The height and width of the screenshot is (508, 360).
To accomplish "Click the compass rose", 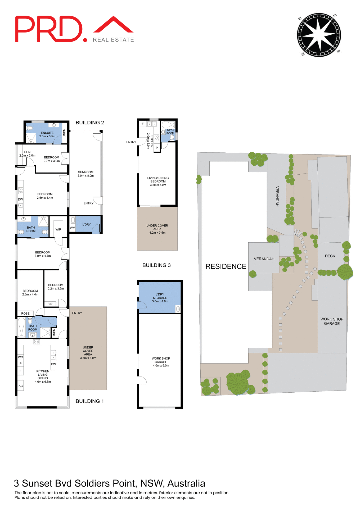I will [x=319, y=35].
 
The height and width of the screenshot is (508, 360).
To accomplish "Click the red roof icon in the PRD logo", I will [x=113, y=25].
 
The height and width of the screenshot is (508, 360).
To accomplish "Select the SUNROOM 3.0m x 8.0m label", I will [x=85, y=174].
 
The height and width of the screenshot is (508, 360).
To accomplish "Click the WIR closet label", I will [x=58, y=229].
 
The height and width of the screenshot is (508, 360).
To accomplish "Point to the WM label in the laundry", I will [x=72, y=228].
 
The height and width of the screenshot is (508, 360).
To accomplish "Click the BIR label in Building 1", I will [x=50, y=304].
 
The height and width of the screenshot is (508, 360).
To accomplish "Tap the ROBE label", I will [x=25, y=314].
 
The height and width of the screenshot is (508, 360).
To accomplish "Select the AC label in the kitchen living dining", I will [x=21, y=386].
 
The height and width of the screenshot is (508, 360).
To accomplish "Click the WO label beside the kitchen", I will [x=20, y=357].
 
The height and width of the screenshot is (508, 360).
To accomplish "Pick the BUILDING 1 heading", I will [x=89, y=401].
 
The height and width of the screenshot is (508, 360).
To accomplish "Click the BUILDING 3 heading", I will [x=156, y=265].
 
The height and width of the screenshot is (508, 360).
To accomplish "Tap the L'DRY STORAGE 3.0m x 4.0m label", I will [x=160, y=298].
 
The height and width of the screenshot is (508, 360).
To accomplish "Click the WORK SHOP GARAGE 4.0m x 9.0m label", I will [x=161, y=362].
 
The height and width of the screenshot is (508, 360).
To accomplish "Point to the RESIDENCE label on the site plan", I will [x=226, y=266].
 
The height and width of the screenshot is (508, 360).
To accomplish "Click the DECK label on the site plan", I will [x=330, y=256].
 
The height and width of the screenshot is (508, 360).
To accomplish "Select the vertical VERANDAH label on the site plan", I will [x=277, y=196].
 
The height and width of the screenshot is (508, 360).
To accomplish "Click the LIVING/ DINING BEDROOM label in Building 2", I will [x=158, y=181].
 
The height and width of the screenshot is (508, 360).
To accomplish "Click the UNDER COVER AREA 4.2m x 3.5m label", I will [x=157, y=229].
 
